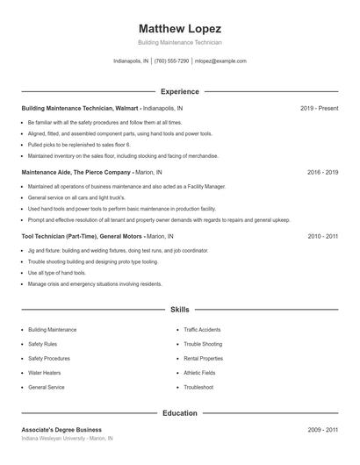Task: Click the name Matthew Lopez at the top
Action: coord(179,28)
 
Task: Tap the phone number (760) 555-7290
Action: coord(172,61)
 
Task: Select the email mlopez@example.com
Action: coord(220,61)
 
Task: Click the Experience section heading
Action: coord(179,91)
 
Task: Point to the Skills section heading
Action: coord(179,310)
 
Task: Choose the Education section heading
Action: coord(179,412)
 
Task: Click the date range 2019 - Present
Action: coord(319,108)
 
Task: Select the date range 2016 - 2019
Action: coord(322,172)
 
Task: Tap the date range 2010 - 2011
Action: coord(322,236)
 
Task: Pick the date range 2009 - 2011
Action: coord(322,430)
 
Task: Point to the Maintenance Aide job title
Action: coord(76,172)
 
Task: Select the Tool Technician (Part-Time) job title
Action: coord(82,236)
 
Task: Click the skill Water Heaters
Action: coord(46,373)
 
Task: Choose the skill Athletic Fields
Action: coord(199,373)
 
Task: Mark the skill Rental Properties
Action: coord(203,359)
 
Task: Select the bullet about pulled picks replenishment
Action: coord(79,144)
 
